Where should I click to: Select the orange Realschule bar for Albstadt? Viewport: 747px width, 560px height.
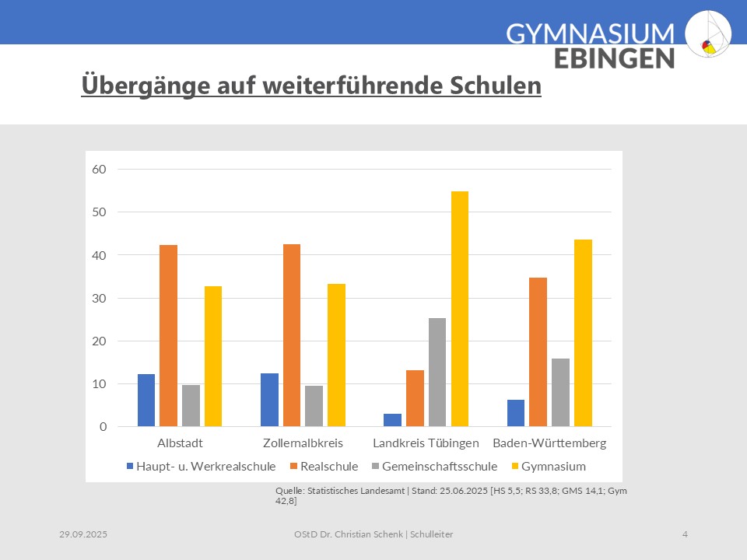pos(168,335)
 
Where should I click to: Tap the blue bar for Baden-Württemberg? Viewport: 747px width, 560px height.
pos(516,413)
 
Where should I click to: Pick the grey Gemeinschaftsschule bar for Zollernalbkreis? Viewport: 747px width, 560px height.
pos(314,406)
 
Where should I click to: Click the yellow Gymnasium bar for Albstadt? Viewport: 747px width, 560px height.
pos(213,356)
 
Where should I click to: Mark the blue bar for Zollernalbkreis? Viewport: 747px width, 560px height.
pos(269,400)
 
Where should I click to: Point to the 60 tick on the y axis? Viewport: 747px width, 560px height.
pos(99,169)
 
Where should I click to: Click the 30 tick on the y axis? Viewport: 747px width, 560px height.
pos(99,298)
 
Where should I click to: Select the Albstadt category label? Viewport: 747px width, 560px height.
pos(180,443)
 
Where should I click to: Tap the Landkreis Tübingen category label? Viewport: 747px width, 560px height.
pos(426,443)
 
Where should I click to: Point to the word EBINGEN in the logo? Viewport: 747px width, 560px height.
pos(614,58)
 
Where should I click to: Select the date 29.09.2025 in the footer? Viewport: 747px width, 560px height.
pos(83,534)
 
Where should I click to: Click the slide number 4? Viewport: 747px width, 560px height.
pos(685,534)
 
